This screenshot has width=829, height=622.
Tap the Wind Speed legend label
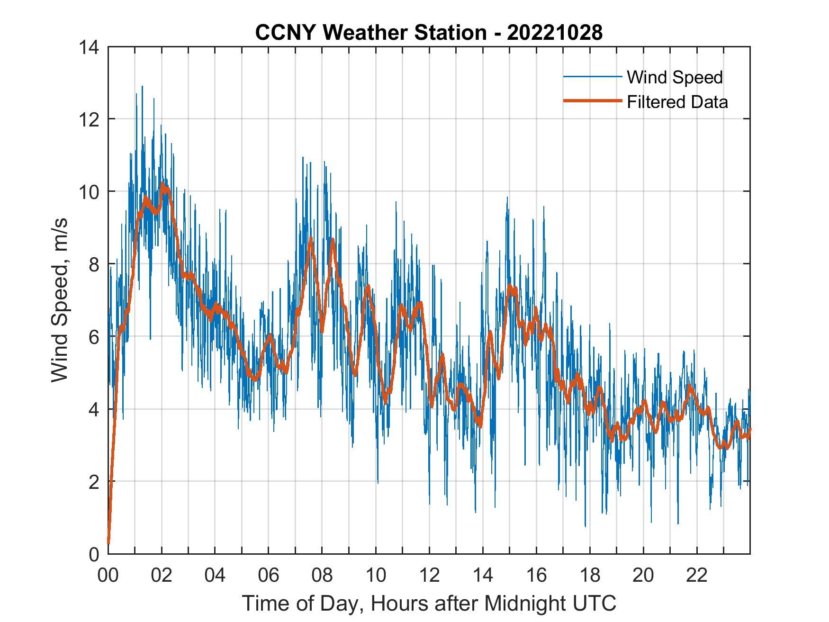coord(675,77)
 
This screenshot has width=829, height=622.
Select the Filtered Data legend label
coord(677,102)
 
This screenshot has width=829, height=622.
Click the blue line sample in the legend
coord(592,77)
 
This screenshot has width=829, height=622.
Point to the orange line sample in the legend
coord(592,101)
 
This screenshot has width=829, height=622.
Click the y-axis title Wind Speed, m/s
coord(60,300)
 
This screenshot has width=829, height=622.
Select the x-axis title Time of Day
coord(429,604)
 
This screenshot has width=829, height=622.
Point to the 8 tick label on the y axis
coord(94,264)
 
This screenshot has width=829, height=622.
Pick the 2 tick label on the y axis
coord(94,481)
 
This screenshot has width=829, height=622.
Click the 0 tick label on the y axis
coord(94,554)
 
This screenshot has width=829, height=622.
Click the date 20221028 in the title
coord(555,33)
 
